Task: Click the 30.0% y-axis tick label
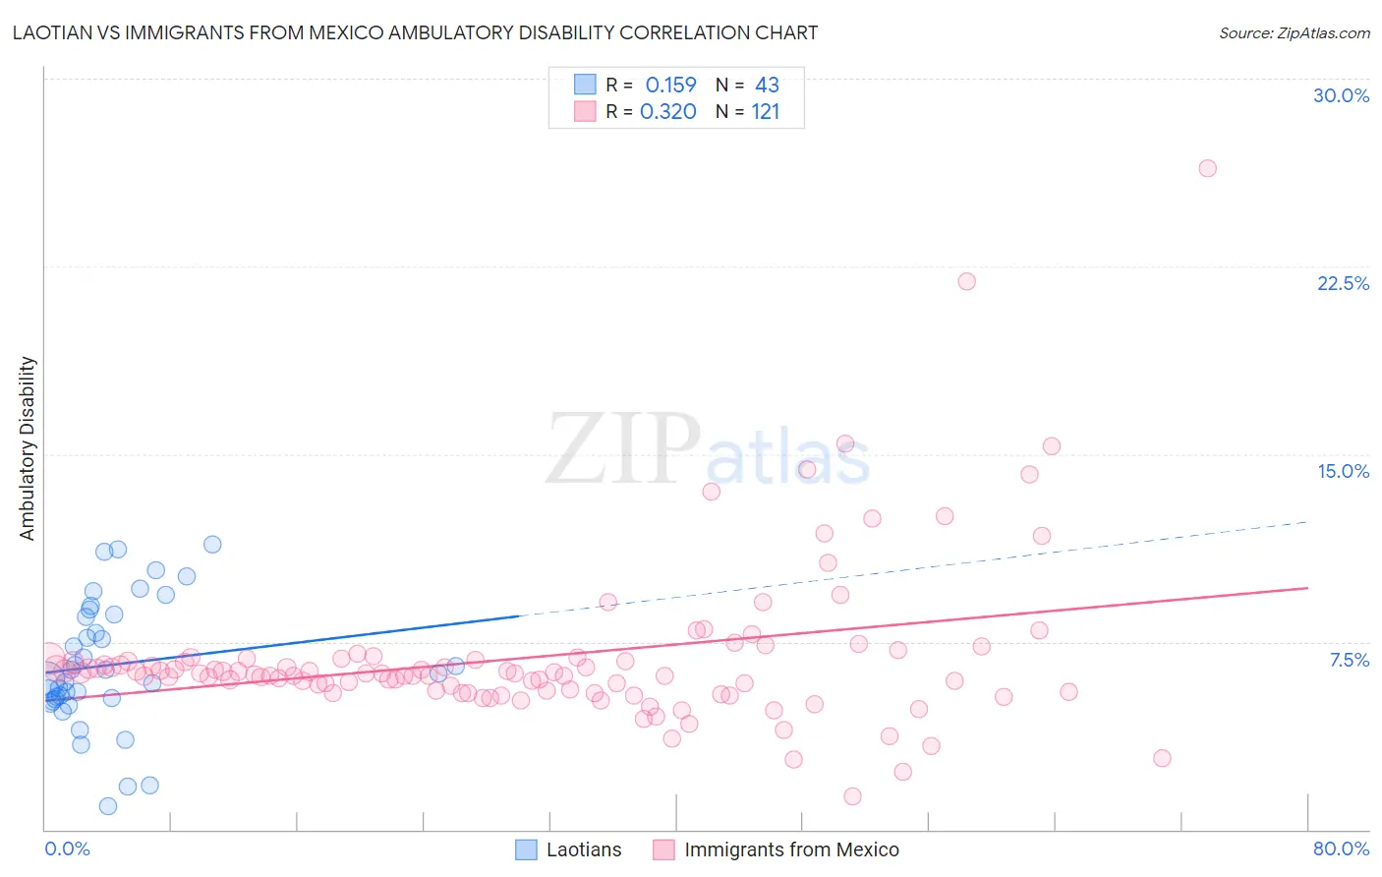pyautogui.click(x=1341, y=95)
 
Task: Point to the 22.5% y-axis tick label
pyautogui.click(x=1343, y=283)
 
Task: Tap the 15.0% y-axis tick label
pyautogui.click(x=1343, y=471)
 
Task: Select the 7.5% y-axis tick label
pyautogui.click(x=1349, y=660)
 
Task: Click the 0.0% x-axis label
pyautogui.click(x=67, y=848)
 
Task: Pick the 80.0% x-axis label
pyautogui.click(x=1341, y=848)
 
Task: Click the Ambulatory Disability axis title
pyautogui.click(x=28, y=448)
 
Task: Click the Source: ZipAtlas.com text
pyautogui.click(x=1294, y=32)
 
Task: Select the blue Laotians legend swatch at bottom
pyautogui.click(x=527, y=849)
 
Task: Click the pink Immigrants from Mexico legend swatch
pyautogui.click(x=664, y=849)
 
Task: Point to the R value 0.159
pyautogui.click(x=670, y=85)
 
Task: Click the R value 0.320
pyautogui.click(x=668, y=111)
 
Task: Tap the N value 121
pyautogui.click(x=765, y=111)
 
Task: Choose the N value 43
pyautogui.click(x=767, y=85)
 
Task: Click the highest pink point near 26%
pyautogui.click(x=1207, y=168)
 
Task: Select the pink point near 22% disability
pyautogui.click(x=966, y=281)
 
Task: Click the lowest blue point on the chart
pyautogui.click(x=108, y=806)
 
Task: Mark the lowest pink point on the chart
pyautogui.click(x=852, y=796)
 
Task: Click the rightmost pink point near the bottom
pyautogui.click(x=1162, y=758)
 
